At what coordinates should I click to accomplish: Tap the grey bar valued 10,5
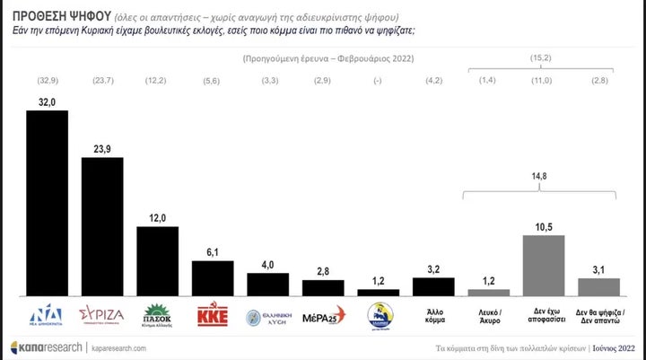pyautogui.click(x=544, y=265)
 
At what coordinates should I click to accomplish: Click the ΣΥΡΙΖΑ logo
pyautogui.click(x=102, y=315)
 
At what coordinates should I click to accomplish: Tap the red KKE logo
pyautogui.click(x=214, y=316)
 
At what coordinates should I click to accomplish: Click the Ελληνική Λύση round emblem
pyautogui.click(x=268, y=315)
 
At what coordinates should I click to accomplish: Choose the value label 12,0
pyautogui.click(x=157, y=217)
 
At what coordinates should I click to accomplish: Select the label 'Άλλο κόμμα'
pyautogui.click(x=433, y=316)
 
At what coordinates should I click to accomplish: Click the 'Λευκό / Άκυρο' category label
pyautogui.click(x=489, y=316)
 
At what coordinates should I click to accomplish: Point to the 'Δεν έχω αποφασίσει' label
pyautogui.click(x=544, y=316)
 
